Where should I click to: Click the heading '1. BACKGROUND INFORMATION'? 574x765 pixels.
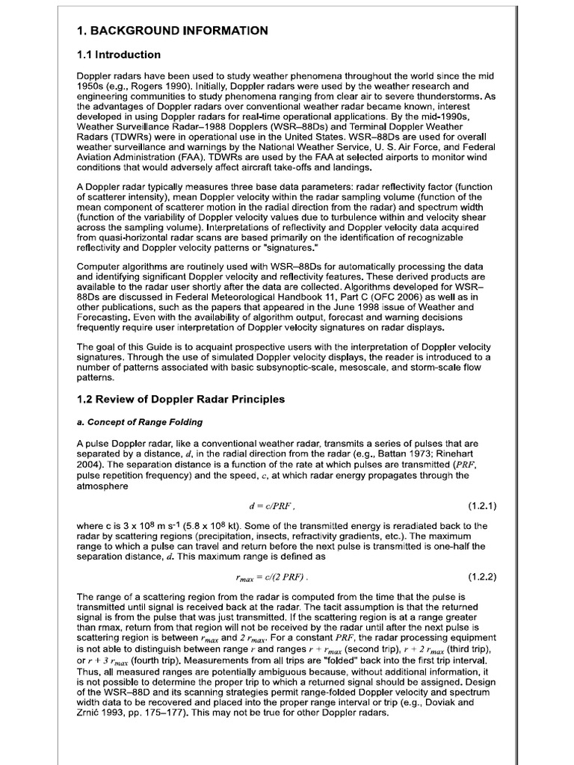(172, 31)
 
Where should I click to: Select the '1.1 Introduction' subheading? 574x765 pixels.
(119, 55)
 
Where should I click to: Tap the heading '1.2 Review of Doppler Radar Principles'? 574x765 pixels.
(181, 399)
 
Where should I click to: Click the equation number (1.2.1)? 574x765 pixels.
(482, 505)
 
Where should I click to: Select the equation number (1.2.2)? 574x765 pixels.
(482, 577)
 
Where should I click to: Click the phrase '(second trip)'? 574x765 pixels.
(373, 651)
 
